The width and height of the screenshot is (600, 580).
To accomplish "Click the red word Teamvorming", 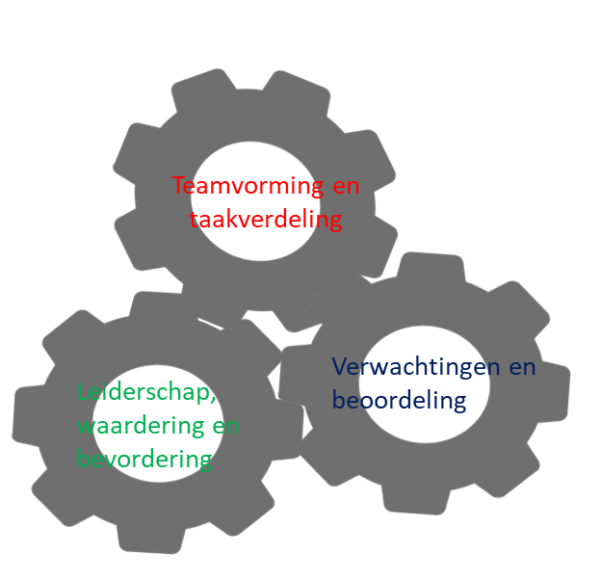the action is tap(248, 187).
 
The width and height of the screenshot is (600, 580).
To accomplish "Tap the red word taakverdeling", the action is tap(266, 220).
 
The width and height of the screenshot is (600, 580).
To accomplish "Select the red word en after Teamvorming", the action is tap(346, 187).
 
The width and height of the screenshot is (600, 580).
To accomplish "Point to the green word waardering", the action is tap(141, 425).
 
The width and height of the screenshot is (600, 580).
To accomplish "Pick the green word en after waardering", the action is tap(225, 426).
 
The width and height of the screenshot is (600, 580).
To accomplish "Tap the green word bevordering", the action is tap(144, 459).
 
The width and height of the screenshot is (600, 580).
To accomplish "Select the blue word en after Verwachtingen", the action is tap(522, 367).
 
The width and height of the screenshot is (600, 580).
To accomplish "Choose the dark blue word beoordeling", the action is tap(399, 401).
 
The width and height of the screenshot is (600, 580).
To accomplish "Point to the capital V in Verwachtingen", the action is tap(340, 366).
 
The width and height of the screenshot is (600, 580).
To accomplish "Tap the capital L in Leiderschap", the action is tap(82, 391).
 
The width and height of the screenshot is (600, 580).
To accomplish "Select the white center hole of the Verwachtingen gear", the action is tap(425, 384).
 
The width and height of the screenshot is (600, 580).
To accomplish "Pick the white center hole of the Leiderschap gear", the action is tap(158, 423).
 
